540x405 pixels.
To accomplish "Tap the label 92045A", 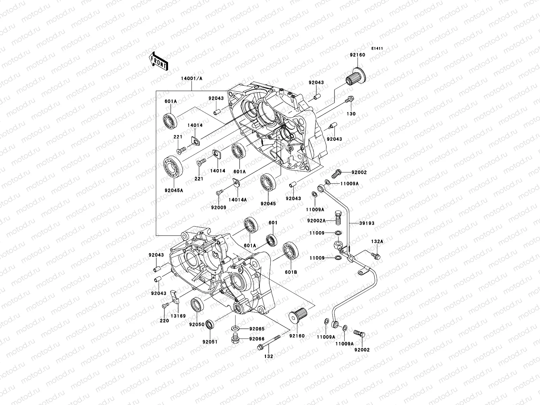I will pyautogui.click(x=174, y=190).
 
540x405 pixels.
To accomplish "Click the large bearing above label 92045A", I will pyautogui.click(x=173, y=165).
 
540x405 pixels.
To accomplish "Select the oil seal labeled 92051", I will pyautogui.click(x=210, y=325).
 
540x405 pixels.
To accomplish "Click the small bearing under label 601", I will pyautogui.click(x=271, y=240).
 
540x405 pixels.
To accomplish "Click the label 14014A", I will pyautogui.click(x=238, y=199).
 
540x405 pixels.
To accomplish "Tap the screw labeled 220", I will pyautogui.click(x=165, y=305).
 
